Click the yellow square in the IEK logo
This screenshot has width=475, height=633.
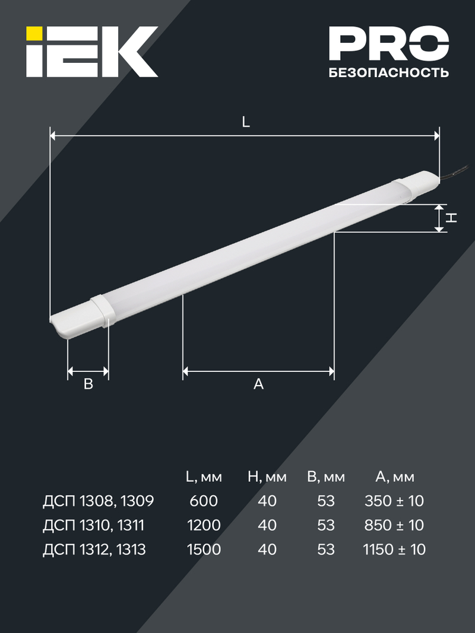(34, 33)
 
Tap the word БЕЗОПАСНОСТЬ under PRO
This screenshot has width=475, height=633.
(388, 72)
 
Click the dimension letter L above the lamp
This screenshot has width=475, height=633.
(246, 122)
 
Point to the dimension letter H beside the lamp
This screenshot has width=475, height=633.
(451, 218)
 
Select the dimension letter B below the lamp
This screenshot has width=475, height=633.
(88, 384)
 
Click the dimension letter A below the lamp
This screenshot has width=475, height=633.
(258, 384)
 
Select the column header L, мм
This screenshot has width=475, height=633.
(204, 477)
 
